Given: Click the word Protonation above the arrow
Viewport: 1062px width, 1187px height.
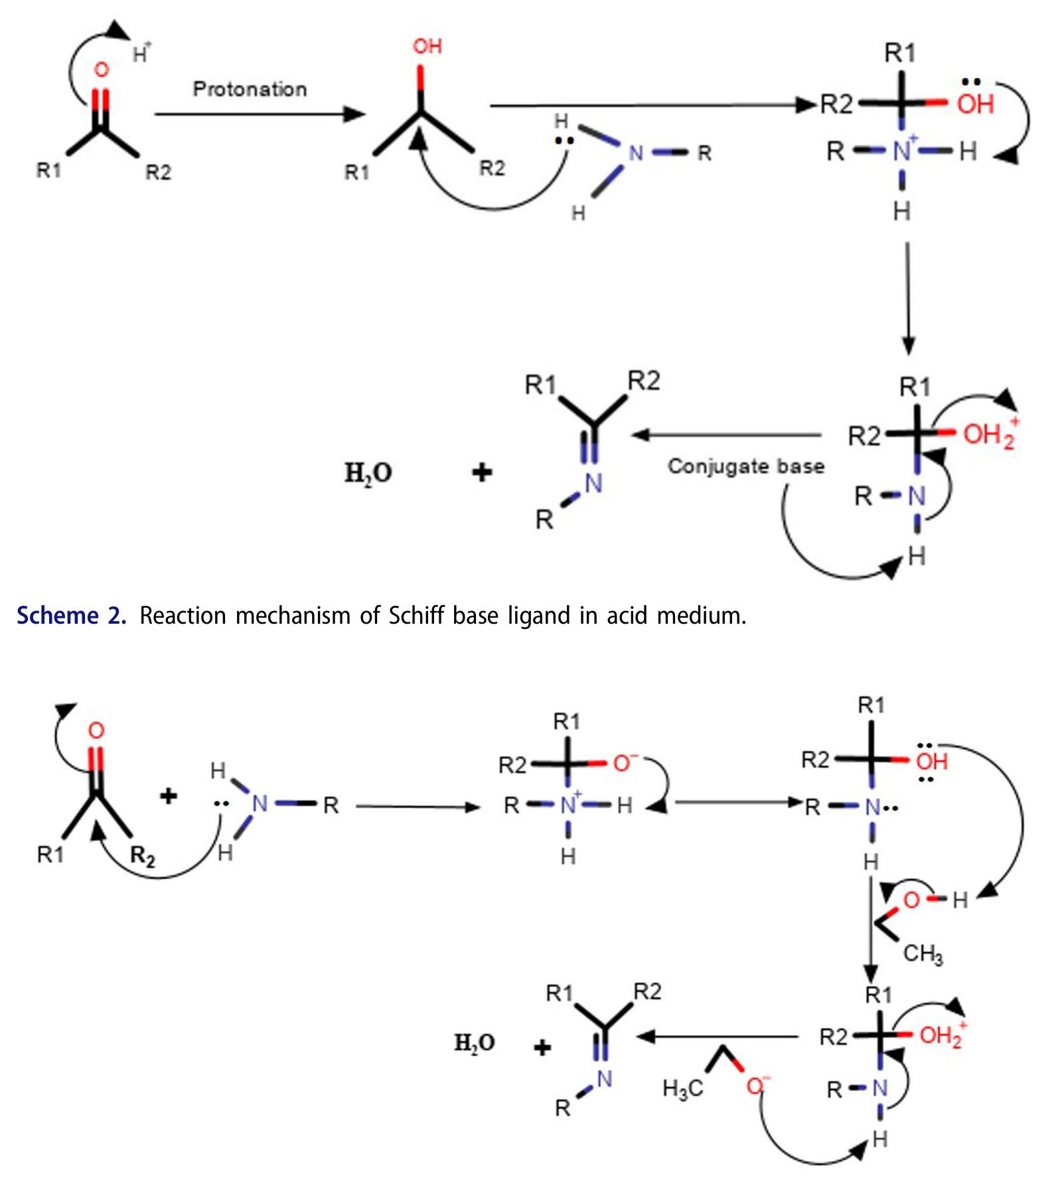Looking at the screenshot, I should [250, 89].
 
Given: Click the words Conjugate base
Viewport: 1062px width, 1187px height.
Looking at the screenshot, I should [745, 466].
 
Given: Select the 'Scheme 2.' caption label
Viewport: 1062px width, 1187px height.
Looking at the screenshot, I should [71, 616].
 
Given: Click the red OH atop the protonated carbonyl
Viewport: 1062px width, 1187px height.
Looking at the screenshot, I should [427, 46].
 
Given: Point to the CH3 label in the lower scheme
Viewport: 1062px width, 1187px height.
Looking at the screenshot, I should [922, 955].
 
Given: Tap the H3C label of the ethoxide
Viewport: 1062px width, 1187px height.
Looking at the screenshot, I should [682, 1089].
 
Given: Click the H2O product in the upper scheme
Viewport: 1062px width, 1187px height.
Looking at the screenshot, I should [368, 473].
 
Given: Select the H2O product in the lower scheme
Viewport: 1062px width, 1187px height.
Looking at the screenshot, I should [474, 1043].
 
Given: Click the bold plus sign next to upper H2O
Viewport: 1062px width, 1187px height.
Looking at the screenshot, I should [482, 473].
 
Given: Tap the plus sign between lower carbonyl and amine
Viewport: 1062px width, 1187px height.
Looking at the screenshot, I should [169, 796].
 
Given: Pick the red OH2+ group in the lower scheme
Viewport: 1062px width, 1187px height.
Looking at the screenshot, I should [942, 1035].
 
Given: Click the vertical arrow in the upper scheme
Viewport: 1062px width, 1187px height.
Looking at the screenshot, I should [908, 299].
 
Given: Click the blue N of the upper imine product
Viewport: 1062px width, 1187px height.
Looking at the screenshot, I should [593, 484].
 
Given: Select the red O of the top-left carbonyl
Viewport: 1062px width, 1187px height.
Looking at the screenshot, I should [101, 70].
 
